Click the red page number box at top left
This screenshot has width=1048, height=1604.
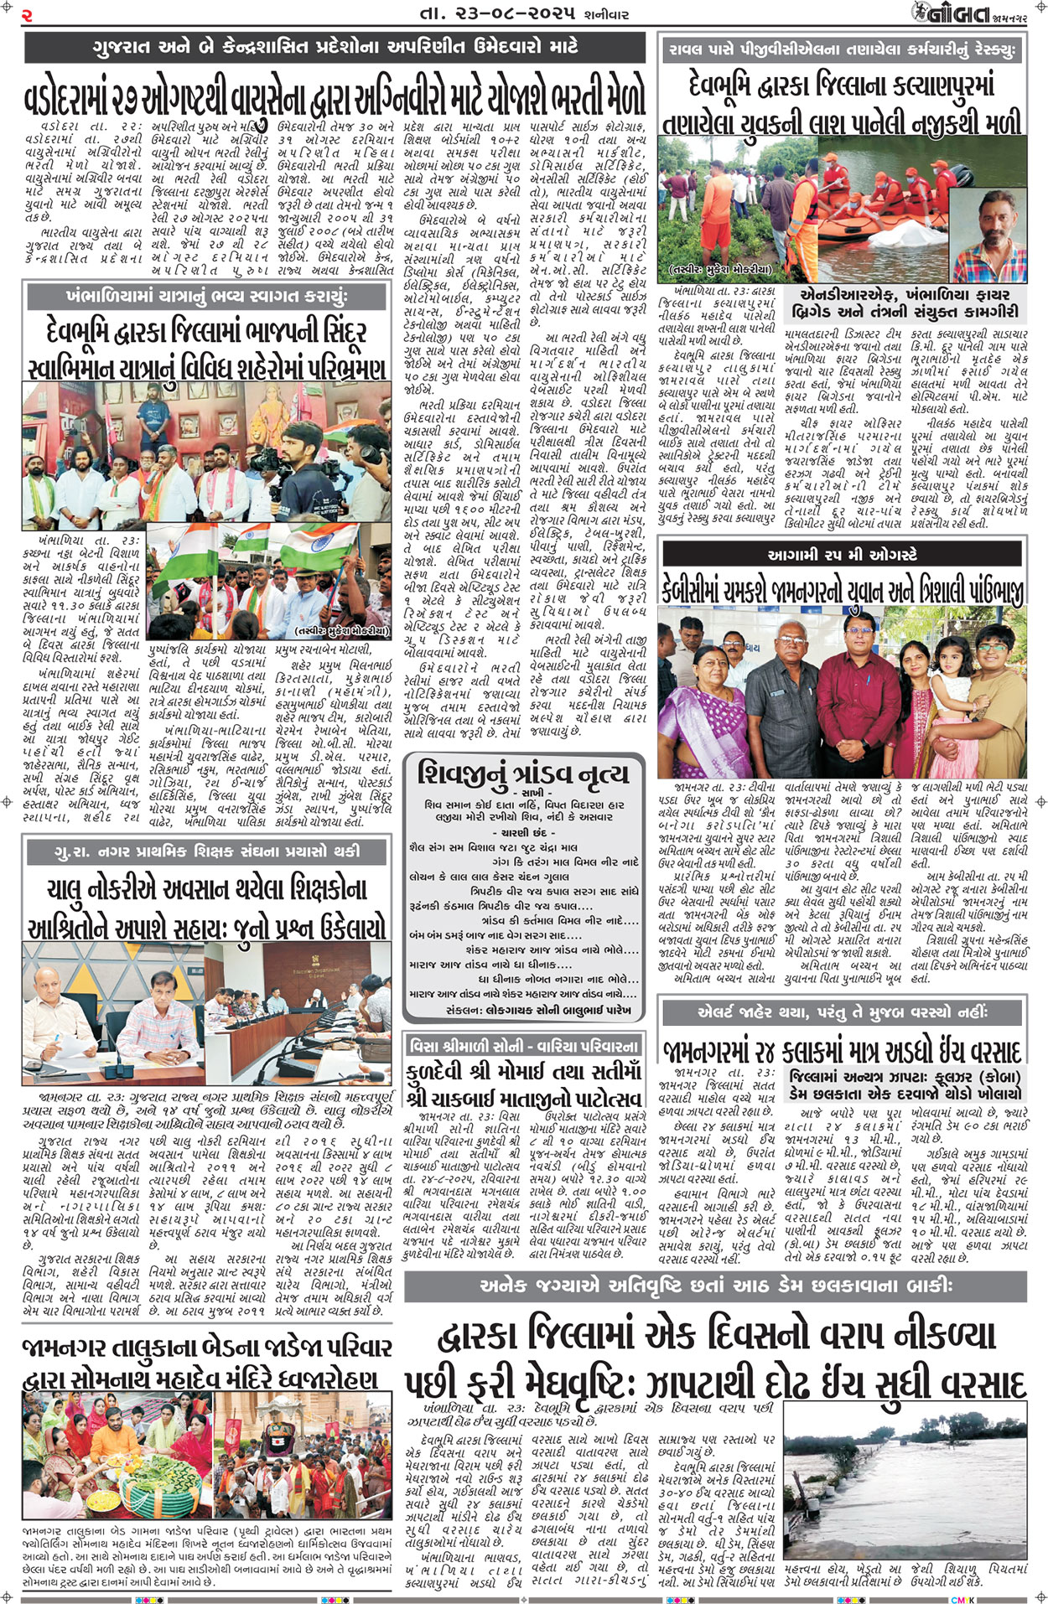point(27,14)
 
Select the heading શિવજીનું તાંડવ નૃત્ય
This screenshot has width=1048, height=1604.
point(523,774)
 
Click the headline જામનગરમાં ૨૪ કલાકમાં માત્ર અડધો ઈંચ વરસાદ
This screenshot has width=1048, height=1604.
point(842,1052)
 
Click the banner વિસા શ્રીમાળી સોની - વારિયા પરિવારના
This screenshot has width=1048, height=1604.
point(524,1045)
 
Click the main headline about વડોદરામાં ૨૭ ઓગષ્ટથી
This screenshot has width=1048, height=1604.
point(335,97)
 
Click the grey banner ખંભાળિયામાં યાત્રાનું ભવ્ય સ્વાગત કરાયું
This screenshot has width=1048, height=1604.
point(207,297)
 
